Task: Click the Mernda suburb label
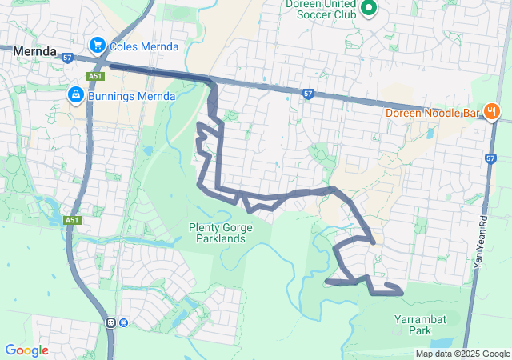click(x=35, y=50)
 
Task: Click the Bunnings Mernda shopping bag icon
click(x=75, y=95)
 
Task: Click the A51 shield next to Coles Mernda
click(x=96, y=76)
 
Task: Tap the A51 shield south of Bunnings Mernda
click(x=73, y=220)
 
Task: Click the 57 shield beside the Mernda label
click(x=67, y=58)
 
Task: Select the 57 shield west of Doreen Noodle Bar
click(x=308, y=94)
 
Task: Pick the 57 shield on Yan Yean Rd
click(x=490, y=158)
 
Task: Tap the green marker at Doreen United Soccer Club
click(x=369, y=8)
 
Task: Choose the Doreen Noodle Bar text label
click(x=432, y=113)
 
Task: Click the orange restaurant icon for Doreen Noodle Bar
click(x=492, y=113)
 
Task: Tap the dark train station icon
click(x=110, y=322)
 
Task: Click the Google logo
click(x=26, y=350)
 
